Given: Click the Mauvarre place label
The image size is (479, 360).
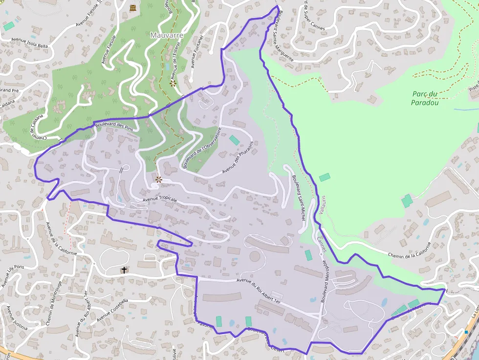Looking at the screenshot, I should tap(167, 35).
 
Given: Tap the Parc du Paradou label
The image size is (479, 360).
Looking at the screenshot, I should tap(424, 98).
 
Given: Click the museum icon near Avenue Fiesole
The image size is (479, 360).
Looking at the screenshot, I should tap(133, 7).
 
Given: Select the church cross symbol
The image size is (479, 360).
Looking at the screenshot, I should tap(124, 270).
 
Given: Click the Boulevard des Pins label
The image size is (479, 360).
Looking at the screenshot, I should tap(114, 126).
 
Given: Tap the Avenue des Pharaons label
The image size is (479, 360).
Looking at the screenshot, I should tap(238, 157).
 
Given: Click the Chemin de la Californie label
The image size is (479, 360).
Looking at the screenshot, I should tap(410, 250).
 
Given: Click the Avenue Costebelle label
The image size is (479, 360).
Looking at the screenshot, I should tap(112, 310).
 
